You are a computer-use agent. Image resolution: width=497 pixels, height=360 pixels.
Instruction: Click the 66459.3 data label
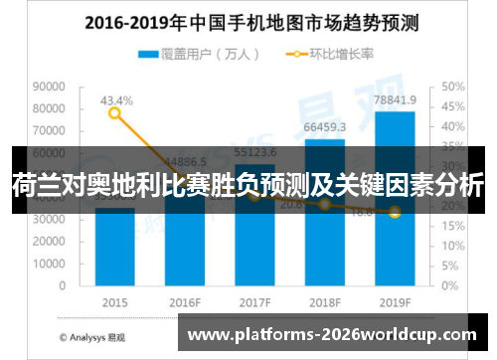(x=325, y=127)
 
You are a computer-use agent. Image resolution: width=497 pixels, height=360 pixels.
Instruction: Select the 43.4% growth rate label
(x=115, y=100)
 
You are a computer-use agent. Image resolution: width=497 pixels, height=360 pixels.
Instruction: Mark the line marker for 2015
(x=115, y=113)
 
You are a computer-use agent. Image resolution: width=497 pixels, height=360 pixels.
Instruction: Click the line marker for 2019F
(x=395, y=212)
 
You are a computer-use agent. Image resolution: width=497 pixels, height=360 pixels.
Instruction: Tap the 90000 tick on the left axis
(x=48, y=87)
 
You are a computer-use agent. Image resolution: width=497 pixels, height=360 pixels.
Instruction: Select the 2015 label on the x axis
(x=115, y=302)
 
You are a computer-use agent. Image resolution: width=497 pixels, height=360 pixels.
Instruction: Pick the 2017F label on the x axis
(x=255, y=302)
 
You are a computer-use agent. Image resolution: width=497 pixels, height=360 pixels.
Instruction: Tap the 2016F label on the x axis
(x=185, y=302)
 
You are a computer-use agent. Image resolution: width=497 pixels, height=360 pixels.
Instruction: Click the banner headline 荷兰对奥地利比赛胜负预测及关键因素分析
(x=248, y=185)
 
